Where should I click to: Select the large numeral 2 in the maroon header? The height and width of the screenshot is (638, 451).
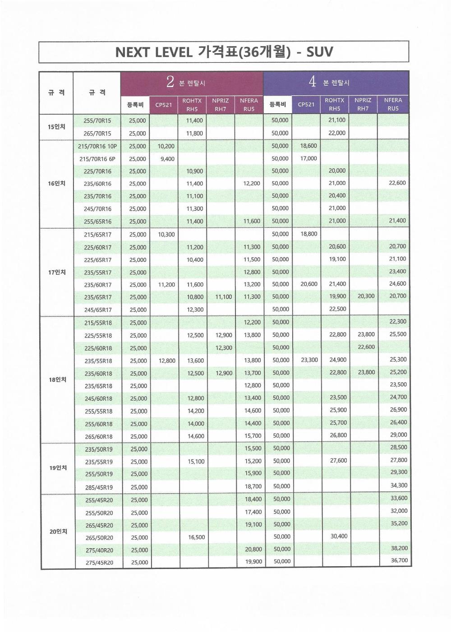pos(170,82)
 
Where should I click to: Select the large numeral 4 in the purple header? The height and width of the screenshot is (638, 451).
pos(312,82)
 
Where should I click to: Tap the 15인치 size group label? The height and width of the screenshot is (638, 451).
pos(56,127)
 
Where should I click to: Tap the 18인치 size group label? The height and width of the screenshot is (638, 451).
pos(57,379)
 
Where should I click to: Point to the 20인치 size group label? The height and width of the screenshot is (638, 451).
pos(58,532)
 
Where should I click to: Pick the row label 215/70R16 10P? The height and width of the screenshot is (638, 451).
pos(97,146)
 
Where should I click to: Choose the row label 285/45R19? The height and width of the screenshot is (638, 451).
pos(99,487)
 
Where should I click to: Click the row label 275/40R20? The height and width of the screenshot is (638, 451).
pos(99,550)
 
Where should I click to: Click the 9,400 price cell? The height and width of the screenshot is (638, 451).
pos(167,159)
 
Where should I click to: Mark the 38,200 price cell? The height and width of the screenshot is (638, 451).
pos(399,548)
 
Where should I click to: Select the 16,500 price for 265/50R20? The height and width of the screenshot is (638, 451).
pos(196,537)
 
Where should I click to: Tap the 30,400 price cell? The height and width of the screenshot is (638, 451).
pos(339,536)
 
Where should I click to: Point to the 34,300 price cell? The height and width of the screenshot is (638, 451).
pos(399,485)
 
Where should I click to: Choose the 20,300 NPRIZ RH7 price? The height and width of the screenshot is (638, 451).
pos(366,296)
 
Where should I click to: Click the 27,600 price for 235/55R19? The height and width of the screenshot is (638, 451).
pos(338,461)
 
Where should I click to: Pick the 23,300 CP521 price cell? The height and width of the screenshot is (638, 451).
pos(309,360)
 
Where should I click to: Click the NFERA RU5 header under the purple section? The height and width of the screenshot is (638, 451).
pos(393,104)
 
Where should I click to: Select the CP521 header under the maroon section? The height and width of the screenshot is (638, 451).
pos(164,105)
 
